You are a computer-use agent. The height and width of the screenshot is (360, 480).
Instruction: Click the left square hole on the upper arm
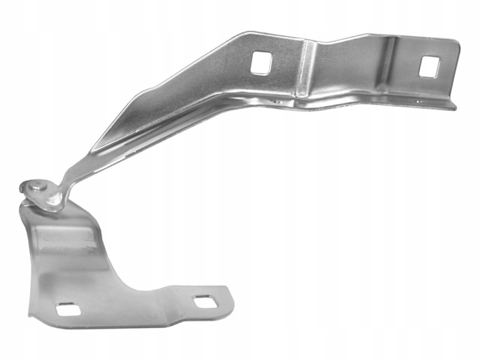(x=261, y=62)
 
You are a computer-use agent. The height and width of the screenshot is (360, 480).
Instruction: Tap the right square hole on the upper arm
(x=428, y=67)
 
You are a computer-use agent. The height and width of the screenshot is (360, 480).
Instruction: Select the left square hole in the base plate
(x=68, y=310)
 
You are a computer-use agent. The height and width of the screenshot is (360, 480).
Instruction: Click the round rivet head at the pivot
(x=38, y=187)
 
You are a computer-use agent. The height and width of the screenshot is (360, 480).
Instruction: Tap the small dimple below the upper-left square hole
(x=275, y=102)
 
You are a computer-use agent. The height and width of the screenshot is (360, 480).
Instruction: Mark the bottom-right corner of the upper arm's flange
(x=455, y=108)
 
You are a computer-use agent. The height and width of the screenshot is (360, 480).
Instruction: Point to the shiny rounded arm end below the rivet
(x=53, y=203)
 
